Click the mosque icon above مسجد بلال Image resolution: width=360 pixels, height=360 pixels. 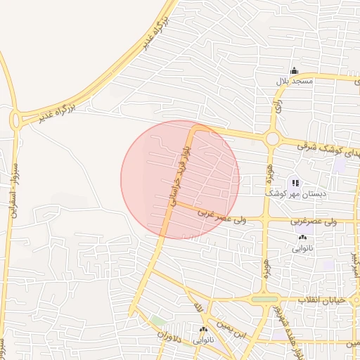294,71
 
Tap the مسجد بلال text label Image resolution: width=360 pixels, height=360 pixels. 293,82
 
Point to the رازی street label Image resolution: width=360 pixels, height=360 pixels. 279,110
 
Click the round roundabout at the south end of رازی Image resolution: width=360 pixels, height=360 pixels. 272,139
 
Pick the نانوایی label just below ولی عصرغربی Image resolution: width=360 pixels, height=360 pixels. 303,248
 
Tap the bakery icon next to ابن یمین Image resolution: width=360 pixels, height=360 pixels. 204,330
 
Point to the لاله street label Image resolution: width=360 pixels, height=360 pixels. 198,307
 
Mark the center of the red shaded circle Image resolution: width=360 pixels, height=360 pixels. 180,179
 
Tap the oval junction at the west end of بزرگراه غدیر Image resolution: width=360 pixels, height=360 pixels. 17,120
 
